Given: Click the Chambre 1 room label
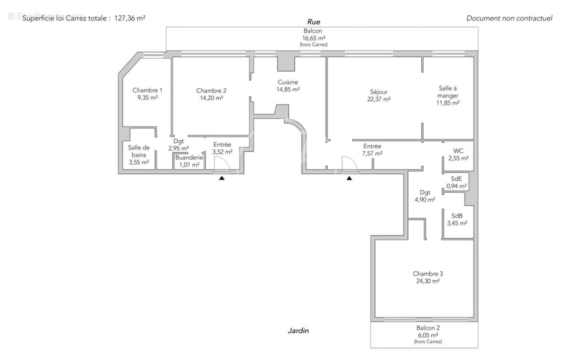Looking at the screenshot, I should [x=148, y=90].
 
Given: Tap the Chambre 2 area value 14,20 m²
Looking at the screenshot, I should [x=211, y=98].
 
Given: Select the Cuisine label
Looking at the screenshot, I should [x=288, y=82].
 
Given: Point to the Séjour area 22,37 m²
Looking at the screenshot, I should [x=380, y=99].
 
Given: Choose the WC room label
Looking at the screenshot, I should [x=458, y=151].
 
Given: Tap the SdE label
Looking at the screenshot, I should [x=457, y=179].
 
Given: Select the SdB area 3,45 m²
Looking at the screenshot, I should [x=457, y=223].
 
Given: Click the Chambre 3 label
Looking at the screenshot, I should [x=428, y=274].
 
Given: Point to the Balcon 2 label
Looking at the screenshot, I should [x=428, y=328].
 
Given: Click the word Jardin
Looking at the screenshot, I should [x=298, y=330].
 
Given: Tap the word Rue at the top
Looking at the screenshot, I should [x=313, y=21].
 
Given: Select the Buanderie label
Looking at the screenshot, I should [x=189, y=158].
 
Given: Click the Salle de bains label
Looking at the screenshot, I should [x=139, y=151].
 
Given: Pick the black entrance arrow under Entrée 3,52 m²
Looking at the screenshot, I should [x=222, y=178].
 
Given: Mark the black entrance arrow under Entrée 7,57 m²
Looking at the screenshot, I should [x=350, y=178].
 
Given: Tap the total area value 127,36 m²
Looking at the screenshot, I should [x=130, y=18].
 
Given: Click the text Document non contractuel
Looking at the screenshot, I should [x=509, y=18].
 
